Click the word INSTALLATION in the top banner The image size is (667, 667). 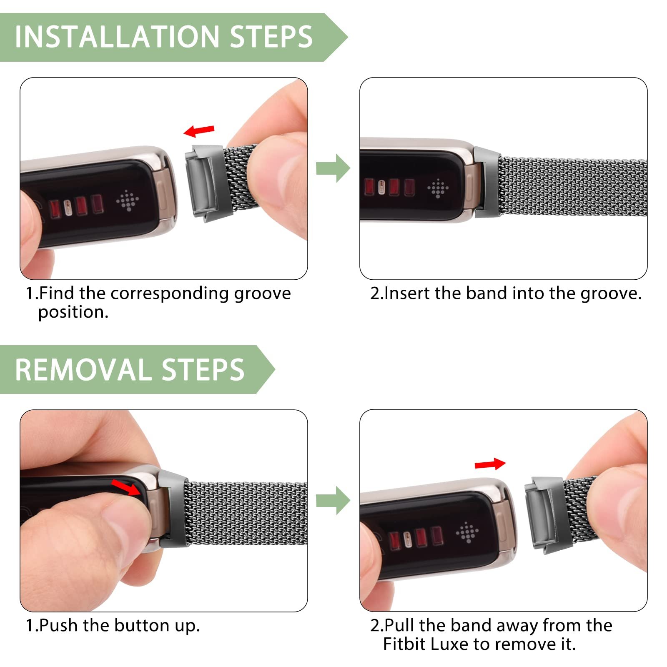[x=117, y=37]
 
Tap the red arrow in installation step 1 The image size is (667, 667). [x=199, y=131]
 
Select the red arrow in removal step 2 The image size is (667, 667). [x=490, y=464]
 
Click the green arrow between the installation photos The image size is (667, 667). [x=333, y=168]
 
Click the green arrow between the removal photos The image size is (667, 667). [x=333, y=500]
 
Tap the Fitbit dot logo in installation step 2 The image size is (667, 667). [x=438, y=189]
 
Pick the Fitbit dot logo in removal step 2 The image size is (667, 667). [x=467, y=532]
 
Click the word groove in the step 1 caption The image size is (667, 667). [x=262, y=294]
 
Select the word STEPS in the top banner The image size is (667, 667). [x=271, y=37]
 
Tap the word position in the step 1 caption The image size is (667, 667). [x=73, y=313]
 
